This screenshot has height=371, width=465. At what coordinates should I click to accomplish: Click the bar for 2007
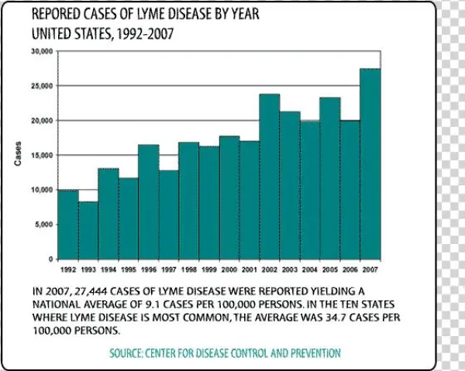point(370,163)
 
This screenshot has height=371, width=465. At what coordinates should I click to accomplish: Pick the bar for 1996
point(148,201)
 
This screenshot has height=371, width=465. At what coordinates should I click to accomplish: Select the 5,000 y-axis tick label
point(43,224)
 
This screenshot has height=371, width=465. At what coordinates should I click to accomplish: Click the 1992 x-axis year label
point(67,270)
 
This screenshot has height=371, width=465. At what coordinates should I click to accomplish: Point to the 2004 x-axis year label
point(309,270)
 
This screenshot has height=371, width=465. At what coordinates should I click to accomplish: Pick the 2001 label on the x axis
point(249,270)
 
